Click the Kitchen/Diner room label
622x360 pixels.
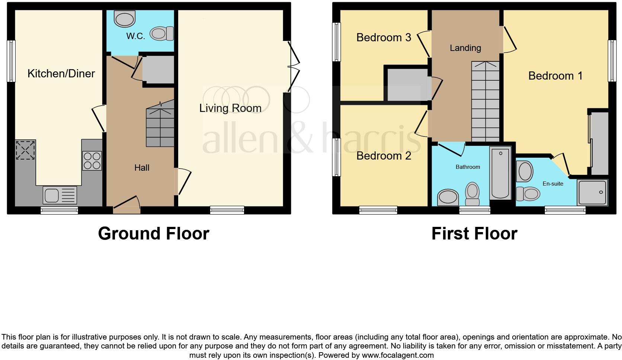tap(61, 73)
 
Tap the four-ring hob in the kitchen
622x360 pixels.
tap(92, 161)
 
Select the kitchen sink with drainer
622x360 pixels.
tap(60, 195)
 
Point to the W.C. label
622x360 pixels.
tap(135, 36)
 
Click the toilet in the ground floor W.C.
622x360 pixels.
tap(162, 34)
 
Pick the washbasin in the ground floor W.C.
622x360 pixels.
tap(125, 18)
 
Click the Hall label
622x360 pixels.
tap(142, 168)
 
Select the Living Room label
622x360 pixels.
tap(230, 108)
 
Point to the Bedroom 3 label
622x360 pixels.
tap(384, 37)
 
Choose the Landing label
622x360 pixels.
tap(465, 48)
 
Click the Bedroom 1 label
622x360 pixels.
tap(555, 76)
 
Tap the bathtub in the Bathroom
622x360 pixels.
tap(501, 173)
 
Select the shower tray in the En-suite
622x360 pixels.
tap(592, 192)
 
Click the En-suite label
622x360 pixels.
tap(553, 183)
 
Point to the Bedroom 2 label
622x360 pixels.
tap(384, 155)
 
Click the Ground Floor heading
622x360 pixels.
tap(153, 234)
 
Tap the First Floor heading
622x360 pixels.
tap(474, 234)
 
